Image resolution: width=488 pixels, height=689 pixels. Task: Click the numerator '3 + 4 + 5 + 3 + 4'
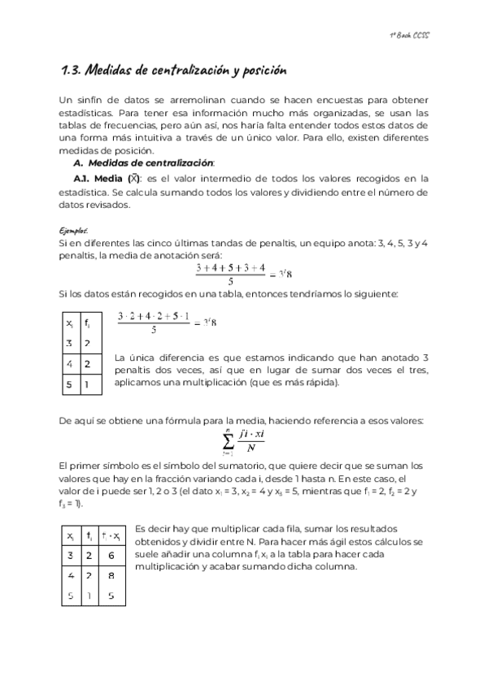231,267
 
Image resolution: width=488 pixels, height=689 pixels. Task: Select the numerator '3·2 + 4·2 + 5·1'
154,315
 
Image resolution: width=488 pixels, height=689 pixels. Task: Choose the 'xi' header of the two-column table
70,324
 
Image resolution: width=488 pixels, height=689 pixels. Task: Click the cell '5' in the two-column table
70,383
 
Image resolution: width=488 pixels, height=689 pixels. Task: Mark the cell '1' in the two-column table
89,383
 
